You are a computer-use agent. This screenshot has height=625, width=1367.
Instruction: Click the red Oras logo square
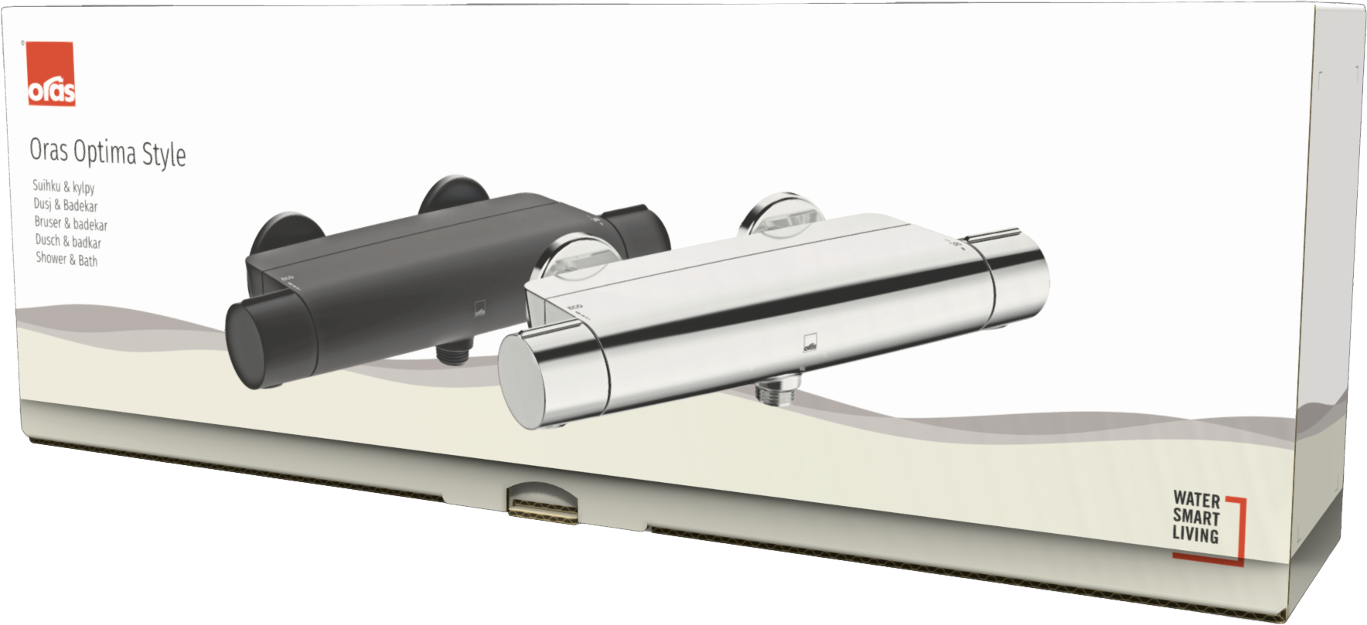(51, 73)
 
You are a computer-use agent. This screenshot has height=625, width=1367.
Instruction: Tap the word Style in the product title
(164, 155)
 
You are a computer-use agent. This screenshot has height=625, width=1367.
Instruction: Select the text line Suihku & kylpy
(63, 187)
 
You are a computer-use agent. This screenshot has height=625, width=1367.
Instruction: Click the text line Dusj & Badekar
(66, 206)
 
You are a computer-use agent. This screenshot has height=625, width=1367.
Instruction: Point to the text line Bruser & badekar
(70, 224)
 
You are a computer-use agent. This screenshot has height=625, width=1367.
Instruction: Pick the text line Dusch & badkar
(68, 242)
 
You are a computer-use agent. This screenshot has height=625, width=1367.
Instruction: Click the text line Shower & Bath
(66, 260)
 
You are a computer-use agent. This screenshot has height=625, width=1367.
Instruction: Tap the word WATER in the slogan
(1196, 500)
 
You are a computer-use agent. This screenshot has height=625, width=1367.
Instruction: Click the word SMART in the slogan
(1196, 517)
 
